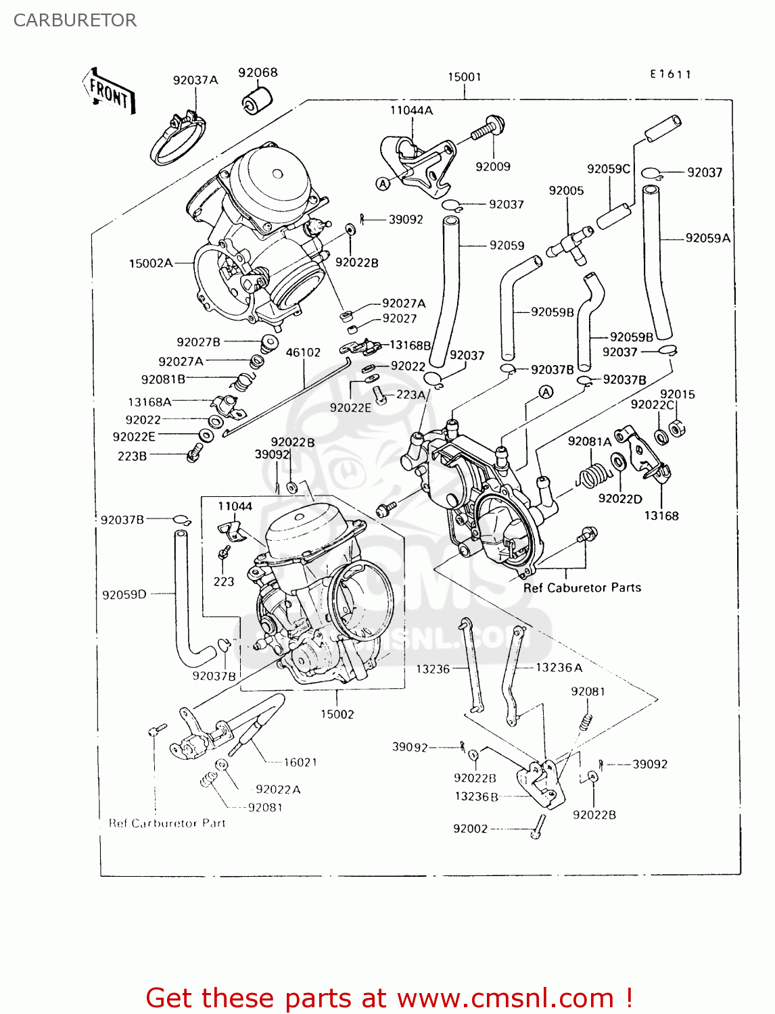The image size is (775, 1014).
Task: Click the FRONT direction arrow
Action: coord(108,91)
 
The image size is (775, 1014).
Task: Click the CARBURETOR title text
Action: coord(75,20)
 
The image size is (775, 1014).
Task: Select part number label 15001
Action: coord(465,77)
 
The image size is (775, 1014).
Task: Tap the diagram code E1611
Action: coord(670,74)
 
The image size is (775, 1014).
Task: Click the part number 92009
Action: coord(492,167)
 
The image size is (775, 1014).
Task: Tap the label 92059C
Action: coord(608,169)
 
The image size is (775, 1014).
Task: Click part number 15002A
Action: coord(151,264)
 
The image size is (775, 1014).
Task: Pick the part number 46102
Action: coord(303,353)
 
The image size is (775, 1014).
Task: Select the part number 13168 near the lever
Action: coord(661,516)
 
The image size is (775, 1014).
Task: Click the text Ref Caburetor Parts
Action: coord(582,588)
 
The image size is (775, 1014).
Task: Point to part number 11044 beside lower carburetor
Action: coord(235,506)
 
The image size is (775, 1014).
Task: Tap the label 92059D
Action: coord(124,595)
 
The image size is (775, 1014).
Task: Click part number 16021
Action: coord(300,763)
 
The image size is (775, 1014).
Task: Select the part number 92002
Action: coord(470,829)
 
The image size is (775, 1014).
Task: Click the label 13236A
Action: coord(559,668)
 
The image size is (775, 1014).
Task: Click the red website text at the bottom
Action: coord(389,998)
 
